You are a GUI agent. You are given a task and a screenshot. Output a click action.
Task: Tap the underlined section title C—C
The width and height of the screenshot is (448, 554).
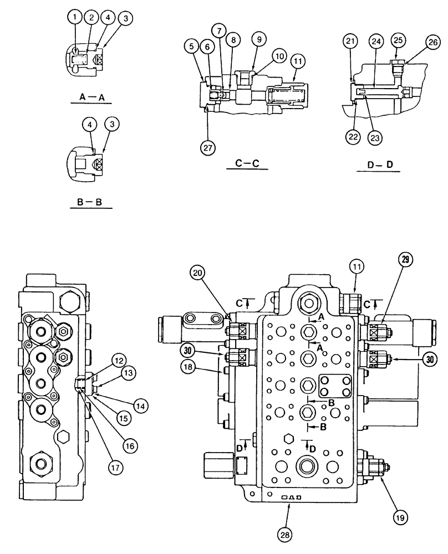(x=245, y=163)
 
